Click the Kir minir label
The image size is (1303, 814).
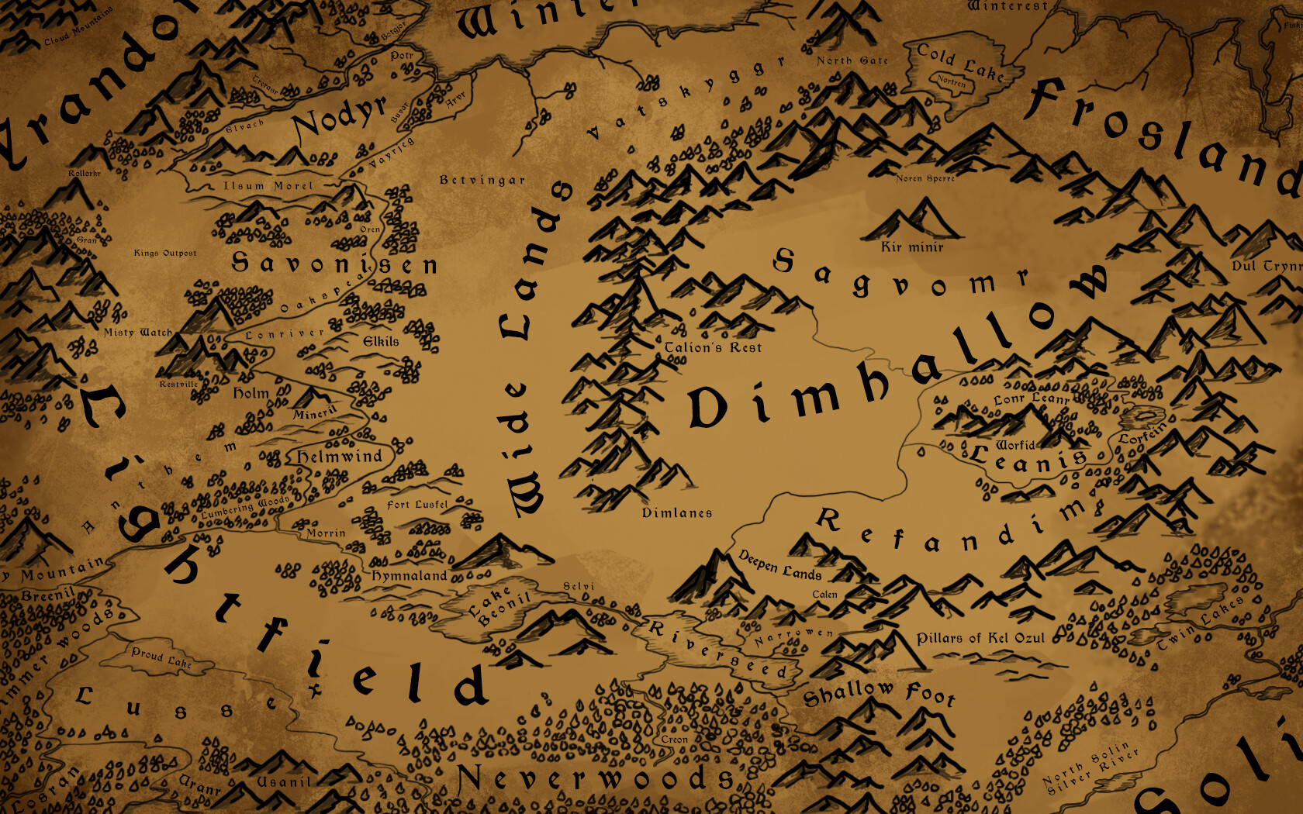(912, 247)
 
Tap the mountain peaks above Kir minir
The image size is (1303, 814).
(912, 219)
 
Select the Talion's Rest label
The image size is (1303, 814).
(713, 347)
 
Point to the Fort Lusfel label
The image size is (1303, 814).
(417, 505)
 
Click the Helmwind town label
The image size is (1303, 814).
(340, 457)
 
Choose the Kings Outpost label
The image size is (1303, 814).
(165, 253)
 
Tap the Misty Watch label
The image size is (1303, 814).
(138, 332)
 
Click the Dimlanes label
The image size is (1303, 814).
(676, 512)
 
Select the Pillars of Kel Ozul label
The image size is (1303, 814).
(980, 638)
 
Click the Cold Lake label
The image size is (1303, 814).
(960, 62)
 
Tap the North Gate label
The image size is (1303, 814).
(852, 60)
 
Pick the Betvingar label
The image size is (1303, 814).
(482, 180)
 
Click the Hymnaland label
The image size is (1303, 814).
(410, 575)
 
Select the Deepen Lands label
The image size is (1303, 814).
(779, 565)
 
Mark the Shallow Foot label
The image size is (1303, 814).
(878, 692)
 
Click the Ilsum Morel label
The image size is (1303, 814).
(268, 186)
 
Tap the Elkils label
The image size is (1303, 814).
(381, 341)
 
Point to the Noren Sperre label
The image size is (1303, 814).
(925, 178)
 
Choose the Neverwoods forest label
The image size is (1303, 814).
(596, 778)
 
